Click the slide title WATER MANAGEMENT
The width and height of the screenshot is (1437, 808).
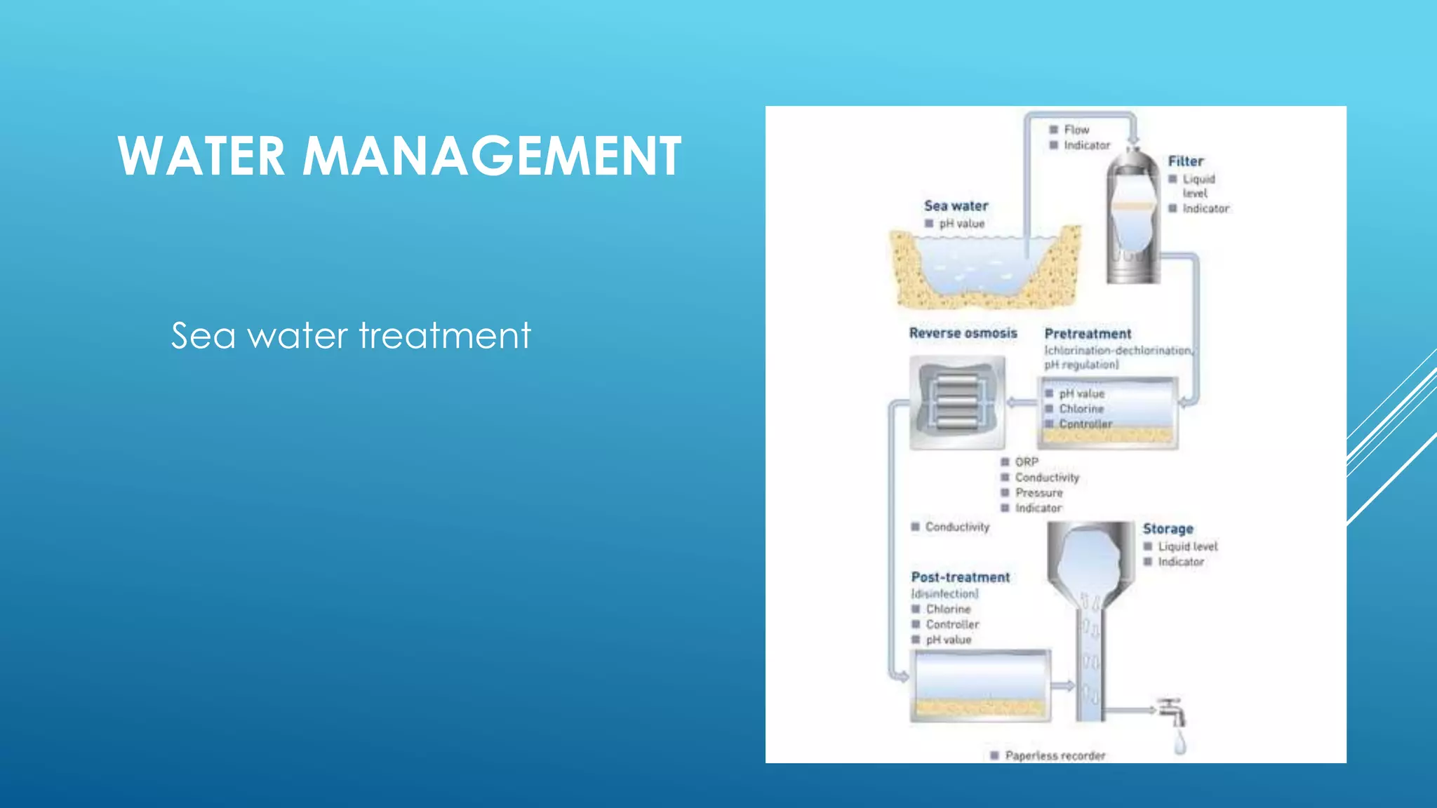pyautogui.click(x=399, y=156)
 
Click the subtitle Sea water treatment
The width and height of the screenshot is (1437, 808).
pyautogui.click(x=351, y=335)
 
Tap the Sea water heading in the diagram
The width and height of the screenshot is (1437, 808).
pyautogui.click(x=956, y=206)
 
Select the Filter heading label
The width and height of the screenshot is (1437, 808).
pyautogui.click(x=1185, y=161)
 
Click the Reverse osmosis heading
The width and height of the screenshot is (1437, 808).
pyautogui.click(x=963, y=333)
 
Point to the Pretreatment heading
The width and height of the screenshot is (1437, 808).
pyautogui.click(x=1088, y=334)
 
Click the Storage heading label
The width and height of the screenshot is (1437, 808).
pyautogui.click(x=1168, y=529)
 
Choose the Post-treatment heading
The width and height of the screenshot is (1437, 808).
pyautogui.click(x=960, y=577)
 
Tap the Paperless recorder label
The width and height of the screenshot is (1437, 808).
pyautogui.click(x=1055, y=755)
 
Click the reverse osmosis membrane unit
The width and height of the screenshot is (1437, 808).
pyautogui.click(x=957, y=403)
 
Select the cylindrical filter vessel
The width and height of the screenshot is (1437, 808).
pyautogui.click(x=1132, y=217)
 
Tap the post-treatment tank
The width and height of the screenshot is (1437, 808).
pyautogui.click(x=980, y=685)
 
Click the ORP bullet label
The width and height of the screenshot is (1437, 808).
pyautogui.click(x=1027, y=462)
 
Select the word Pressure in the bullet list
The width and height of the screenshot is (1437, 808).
pyautogui.click(x=1038, y=493)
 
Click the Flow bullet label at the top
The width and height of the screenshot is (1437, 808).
pyautogui.click(x=1076, y=130)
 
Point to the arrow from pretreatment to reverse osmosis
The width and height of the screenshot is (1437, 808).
pyautogui.click(x=1022, y=403)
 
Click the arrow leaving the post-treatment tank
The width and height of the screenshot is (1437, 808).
pyautogui.click(x=1063, y=685)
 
